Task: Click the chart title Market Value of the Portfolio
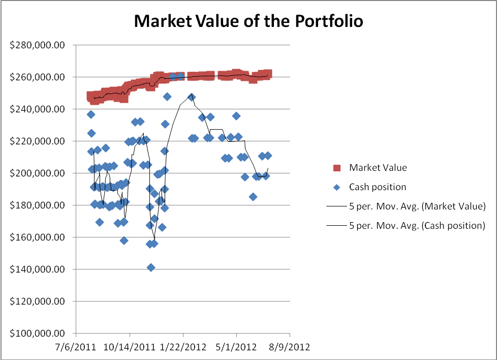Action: click(248, 21)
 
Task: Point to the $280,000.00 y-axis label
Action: click(38, 45)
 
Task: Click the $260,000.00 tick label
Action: click(38, 77)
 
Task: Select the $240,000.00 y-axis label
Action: click(38, 109)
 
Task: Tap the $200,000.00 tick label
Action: click(38, 173)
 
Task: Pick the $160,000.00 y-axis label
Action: click(38, 237)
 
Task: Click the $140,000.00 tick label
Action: click(38, 269)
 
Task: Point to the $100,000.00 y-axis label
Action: click(38, 334)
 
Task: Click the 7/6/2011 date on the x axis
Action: click(76, 347)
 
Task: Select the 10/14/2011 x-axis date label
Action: click(130, 347)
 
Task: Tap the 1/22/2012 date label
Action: click(183, 347)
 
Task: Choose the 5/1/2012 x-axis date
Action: click(236, 347)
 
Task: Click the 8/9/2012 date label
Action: click(290, 347)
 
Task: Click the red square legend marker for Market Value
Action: click(336, 168)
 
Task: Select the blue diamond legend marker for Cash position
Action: click(336, 187)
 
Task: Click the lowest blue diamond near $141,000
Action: click(151, 267)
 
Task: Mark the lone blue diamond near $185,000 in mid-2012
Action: click(253, 197)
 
